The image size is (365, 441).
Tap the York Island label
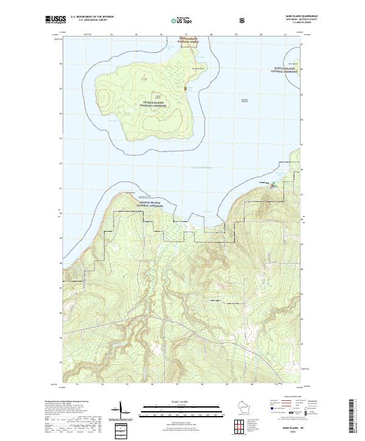(293, 63)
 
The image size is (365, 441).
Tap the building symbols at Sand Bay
(273, 184)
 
